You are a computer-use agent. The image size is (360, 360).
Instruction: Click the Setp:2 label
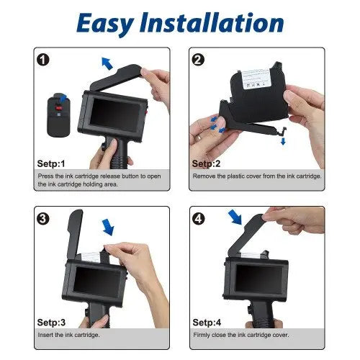click(207, 163)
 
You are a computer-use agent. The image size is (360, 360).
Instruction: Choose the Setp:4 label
click(207, 323)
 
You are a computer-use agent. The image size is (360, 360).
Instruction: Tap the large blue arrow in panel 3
click(108, 228)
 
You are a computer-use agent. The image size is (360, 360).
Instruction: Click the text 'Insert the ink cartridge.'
click(69, 335)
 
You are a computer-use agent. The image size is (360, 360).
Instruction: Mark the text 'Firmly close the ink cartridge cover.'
click(240, 335)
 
